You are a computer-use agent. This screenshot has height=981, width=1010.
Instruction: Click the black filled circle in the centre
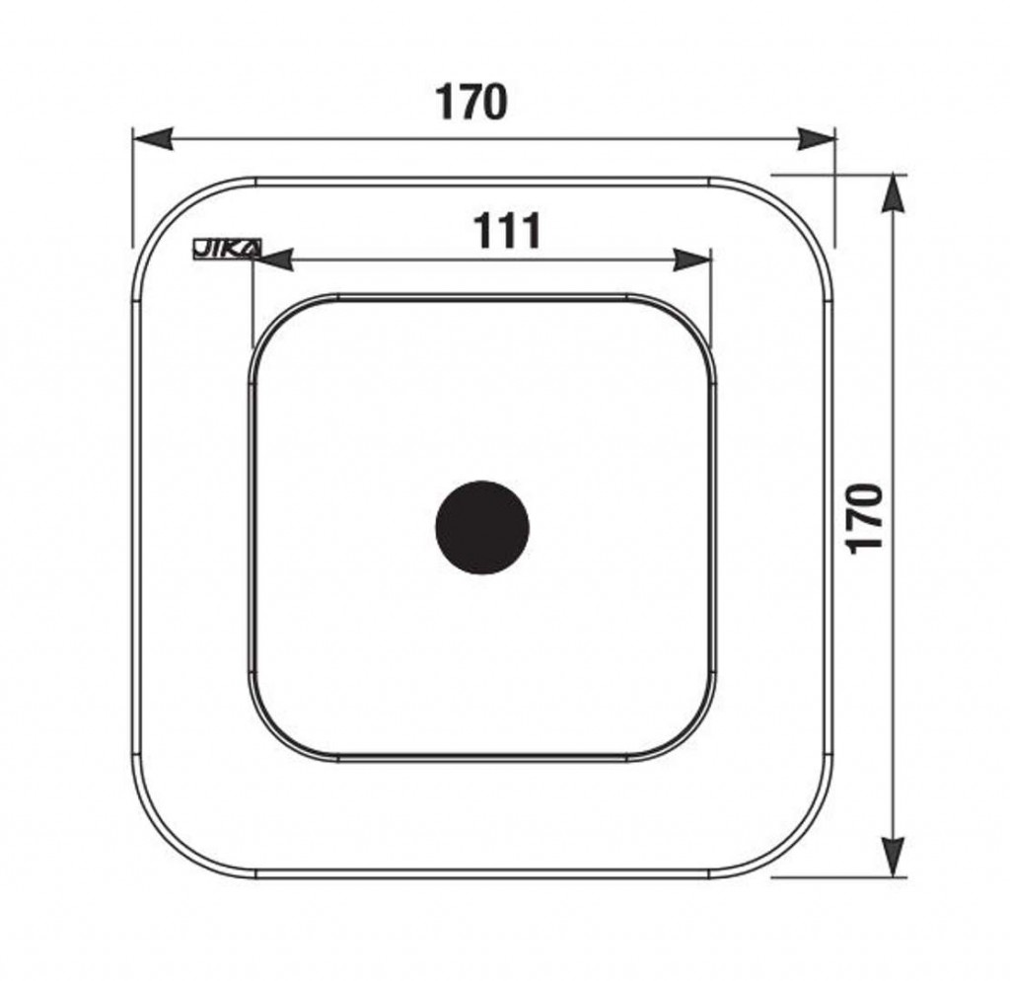tap(482, 527)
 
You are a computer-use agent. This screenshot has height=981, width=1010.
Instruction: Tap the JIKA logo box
tap(228, 248)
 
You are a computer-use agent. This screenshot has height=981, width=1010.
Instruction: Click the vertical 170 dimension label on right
tap(864, 517)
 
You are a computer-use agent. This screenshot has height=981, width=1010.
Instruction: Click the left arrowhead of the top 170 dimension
tap(153, 139)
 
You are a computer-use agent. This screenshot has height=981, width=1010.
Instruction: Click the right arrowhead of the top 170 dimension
tap(816, 139)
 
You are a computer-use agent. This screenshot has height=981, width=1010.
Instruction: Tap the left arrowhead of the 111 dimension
tap(272, 260)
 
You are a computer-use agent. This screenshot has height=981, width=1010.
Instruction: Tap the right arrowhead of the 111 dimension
tap(692, 260)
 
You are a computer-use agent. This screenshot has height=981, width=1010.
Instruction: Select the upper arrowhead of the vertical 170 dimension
tap(893, 193)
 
